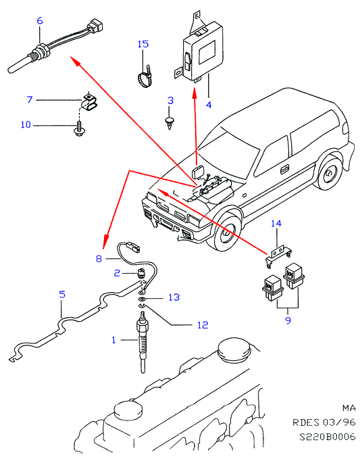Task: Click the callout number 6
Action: (40, 21)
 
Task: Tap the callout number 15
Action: (143, 44)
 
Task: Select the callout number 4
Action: (209, 105)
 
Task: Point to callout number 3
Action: (170, 101)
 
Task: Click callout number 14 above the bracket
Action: (276, 224)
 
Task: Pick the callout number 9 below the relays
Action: (288, 320)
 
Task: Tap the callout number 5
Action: (62, 294)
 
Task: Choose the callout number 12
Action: (203, 325)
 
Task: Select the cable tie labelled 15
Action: (145, 76)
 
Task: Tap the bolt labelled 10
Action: (78, 129)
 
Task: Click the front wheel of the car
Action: (225, 232)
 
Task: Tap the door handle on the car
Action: (284, 169)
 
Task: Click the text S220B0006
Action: (328, 437)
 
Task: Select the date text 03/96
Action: (339, 422)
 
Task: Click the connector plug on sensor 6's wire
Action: (96, 25)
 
